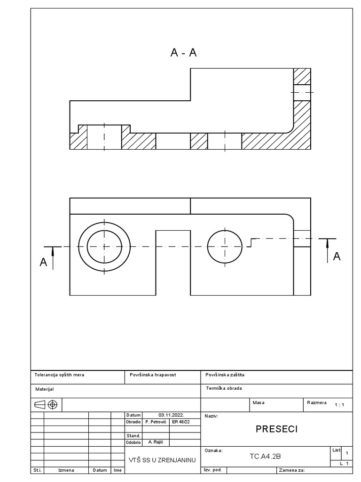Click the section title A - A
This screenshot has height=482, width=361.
tap(183, 53)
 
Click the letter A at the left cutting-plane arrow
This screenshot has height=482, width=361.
tap(43, 263)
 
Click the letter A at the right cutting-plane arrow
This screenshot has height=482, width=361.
tap(337, 256)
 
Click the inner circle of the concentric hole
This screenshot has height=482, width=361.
tap(104, 247)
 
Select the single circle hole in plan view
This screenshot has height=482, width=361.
tap(225, 247)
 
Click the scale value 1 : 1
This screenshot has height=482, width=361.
tap(339, 404)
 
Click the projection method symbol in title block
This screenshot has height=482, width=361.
tap(46, 404)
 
